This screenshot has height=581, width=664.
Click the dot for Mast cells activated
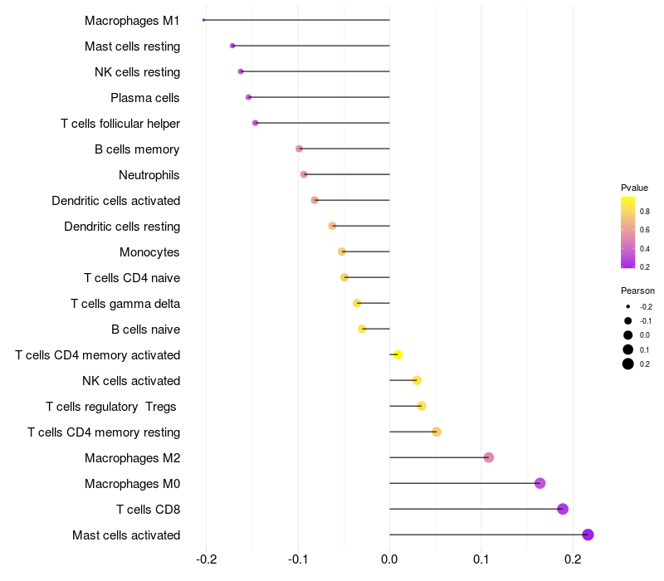click(588, 535)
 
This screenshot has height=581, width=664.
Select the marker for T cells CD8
click(563, 509)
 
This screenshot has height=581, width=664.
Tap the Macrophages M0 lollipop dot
click(540, 483)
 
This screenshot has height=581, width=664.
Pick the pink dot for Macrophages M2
click(489, 457)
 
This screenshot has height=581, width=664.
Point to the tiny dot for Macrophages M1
click(203, 20)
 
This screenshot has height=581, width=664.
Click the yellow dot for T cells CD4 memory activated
click(398, 354)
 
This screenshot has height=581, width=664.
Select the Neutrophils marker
click(304, 174)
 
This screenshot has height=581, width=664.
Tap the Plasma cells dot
click(248, 97)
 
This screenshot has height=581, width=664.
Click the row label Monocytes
click(149, 252)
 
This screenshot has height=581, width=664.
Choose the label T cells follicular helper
click(120, 124)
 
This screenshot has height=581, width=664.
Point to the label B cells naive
click(145, 330)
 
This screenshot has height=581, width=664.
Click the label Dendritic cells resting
click(122, 227)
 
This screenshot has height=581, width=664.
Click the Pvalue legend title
click(634, 188)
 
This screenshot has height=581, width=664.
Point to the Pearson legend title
click(637, 290)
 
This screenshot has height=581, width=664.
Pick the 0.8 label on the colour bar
click(645, 212)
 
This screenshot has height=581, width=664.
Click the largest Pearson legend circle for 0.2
click(628, 364)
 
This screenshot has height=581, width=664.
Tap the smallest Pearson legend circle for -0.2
click(628, 306)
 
